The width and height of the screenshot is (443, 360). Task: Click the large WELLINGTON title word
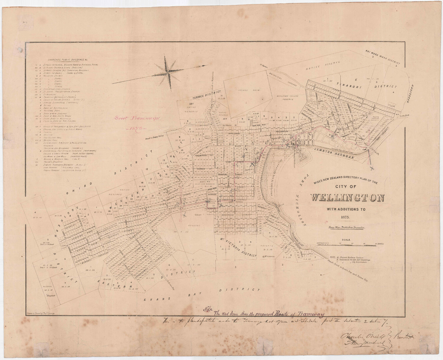(x=347, y=198)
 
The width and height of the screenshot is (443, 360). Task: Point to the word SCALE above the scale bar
(x=347, y=240)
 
